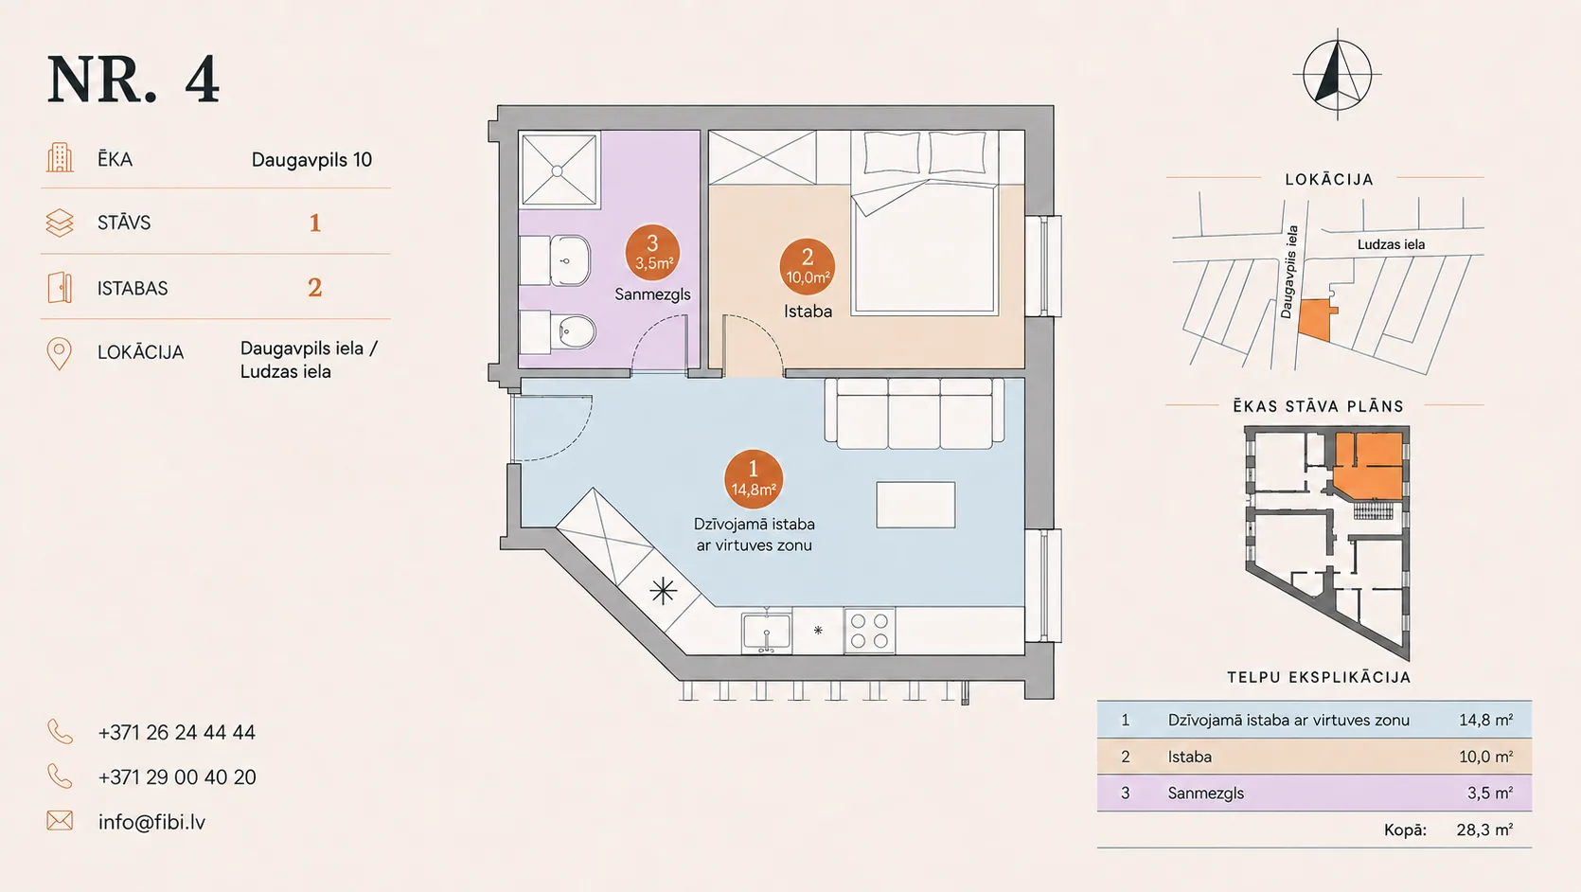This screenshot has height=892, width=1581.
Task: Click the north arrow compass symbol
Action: [x=1337, y=75]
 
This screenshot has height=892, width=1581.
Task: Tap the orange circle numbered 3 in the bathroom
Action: [x=652, y=253]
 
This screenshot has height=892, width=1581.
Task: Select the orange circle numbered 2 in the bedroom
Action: [x=808, y=267]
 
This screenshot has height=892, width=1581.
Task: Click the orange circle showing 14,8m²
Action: [x=753, y=479]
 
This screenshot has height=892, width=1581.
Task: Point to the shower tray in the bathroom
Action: [x=559, y=169]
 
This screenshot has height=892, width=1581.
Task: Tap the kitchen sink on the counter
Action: [x=767, y=633]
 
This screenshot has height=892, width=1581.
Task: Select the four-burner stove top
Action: [x=869, y=631]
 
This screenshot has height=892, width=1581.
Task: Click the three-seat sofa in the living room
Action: [x=914, y=414]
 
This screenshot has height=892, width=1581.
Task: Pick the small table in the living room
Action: [x=915, y=505]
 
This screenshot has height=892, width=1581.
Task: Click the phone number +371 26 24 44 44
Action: [x=176, y=733]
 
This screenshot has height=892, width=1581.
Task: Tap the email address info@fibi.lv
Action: [x=151, y=822]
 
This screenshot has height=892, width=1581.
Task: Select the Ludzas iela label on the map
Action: [x=1391, y=245]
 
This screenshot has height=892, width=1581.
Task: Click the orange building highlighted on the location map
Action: [x=1316, y=320]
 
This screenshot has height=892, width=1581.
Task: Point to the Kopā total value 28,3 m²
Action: [x=1484, y=830]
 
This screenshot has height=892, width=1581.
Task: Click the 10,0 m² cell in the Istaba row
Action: [x=1485, y=757]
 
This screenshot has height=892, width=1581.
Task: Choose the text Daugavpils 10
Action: [x=311, y=160]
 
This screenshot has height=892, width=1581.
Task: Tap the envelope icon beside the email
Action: [x=60, y=820]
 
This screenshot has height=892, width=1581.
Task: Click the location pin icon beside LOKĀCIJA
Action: [x=60, y=354]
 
